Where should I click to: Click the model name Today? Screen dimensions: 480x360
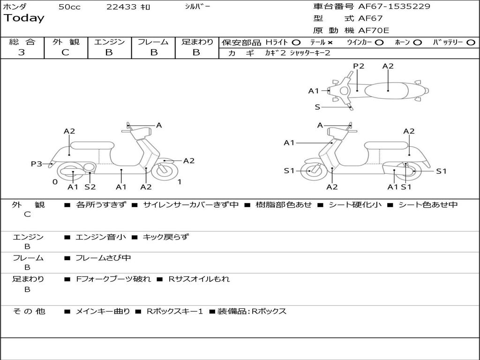point(24,18)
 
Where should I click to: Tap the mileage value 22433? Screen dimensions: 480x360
point(121,7)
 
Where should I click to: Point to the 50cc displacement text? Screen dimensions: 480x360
point(69,7)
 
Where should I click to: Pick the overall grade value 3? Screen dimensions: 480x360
point(22,52)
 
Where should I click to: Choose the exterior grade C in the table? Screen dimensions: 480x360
point(65,52)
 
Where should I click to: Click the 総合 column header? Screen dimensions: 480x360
point(22,42)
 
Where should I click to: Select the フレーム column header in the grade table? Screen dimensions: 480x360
point(153,42)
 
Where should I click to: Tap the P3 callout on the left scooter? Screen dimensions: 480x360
point(36,164)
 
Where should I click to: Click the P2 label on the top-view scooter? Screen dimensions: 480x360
point(359,66)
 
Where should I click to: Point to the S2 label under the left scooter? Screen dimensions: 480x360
point(90,187)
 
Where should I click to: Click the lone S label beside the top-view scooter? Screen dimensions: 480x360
point(317,107)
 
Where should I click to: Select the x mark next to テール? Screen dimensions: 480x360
point(330,42)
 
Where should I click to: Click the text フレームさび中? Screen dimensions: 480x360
point(103,258)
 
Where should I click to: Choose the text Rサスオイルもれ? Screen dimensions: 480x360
point(199,279)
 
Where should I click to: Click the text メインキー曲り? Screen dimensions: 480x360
point(103,311)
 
